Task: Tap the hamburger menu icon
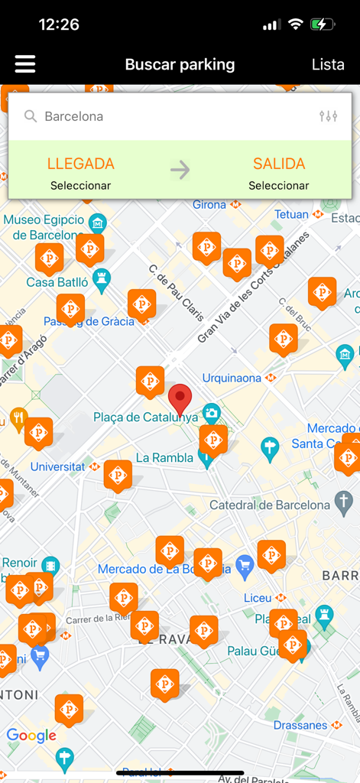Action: [25, 64]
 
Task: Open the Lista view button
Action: [328, 65]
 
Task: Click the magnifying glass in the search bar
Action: [31, 116]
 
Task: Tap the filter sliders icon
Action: [328, 116]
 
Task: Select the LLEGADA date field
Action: [81, 173]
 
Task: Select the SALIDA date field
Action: [279, 173]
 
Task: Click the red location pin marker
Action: [180, 398]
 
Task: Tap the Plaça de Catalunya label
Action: [145, 417]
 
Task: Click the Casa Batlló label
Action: [57, 282]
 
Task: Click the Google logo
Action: [31, 736]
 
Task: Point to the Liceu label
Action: [257, 598]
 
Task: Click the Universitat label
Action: [57, 466]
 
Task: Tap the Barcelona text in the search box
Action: [73, 116]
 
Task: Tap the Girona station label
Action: [209, 205]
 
